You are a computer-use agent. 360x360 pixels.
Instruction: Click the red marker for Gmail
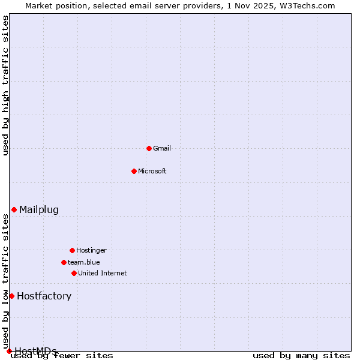pyautogui.click(x=149, y=148)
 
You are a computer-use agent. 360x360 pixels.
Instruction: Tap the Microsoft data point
pyautogui.click(x=134, y=171)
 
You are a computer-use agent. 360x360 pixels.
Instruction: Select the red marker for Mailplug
pyautogui.click(x=14, y=209)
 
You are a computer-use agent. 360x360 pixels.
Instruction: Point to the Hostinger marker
pyautogui.click(x=72, y=250)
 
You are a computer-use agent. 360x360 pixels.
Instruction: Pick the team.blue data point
pyautogui.click(x=64, y=262)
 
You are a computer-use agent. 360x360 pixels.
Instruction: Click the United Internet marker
pyautogui.click(x=74, y=273)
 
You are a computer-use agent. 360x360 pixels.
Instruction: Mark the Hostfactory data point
pyautogui.click(x=11, y=296)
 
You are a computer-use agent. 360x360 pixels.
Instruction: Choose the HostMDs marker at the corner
pyautogui.click(x=9, y=351)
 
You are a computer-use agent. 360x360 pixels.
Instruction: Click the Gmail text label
pyautogui.click(x=162, y=148)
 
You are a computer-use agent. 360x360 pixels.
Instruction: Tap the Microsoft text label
pyautogui.click(x=152, y=171)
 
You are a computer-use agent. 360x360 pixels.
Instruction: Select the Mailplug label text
pyautogui.click(x=39, y=209)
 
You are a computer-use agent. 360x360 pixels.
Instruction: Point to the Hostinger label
pyautogui.click(x=91, y=250)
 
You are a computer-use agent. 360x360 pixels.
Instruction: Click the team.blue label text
pyautogui.click(x=84, y=262)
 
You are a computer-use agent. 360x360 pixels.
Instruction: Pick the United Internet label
pyautogui.click(x=103, y=273)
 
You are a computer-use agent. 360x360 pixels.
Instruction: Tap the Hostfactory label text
pyautogui.click(x=44, y=296)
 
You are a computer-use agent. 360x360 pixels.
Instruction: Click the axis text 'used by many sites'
pyautogui.click(x=301, y=356)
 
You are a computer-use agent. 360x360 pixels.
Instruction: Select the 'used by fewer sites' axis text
pyautogui.click(x=62, y=356)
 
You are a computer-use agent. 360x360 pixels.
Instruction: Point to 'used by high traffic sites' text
pyautogui.click(x=5, y=85)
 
